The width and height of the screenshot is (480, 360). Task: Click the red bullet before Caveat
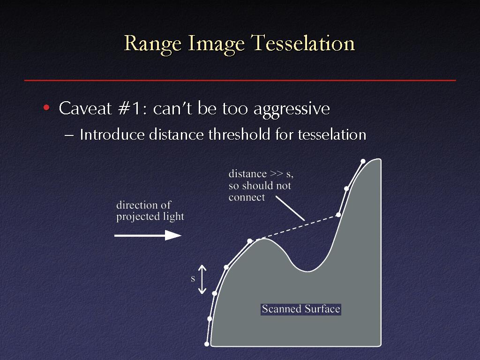(x=46, y=107)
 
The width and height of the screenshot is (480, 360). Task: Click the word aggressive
(x=292, y=109)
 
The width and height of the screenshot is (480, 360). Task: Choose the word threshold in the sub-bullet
(x=240, y=135)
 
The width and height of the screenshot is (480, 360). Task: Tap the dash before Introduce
(x=69, y=135)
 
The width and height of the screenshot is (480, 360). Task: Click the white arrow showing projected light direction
(x=148, y=235)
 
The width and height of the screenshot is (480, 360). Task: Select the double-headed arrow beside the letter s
(x=202, y=279)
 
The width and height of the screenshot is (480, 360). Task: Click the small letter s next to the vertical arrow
(x=193, y=279)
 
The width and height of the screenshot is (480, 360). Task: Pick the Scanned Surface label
(x=301, y=309)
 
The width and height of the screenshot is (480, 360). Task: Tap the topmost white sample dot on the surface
(x=363, y=161)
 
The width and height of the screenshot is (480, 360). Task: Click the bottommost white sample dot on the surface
(x=207, y=344)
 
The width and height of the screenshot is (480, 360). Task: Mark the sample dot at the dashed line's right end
(x=338, y=215)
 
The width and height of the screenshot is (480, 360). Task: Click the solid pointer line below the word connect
(x=290, y=208)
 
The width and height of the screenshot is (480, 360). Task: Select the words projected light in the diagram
(x=150, y=217)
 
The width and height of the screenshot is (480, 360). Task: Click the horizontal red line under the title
(x=240, y=81)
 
